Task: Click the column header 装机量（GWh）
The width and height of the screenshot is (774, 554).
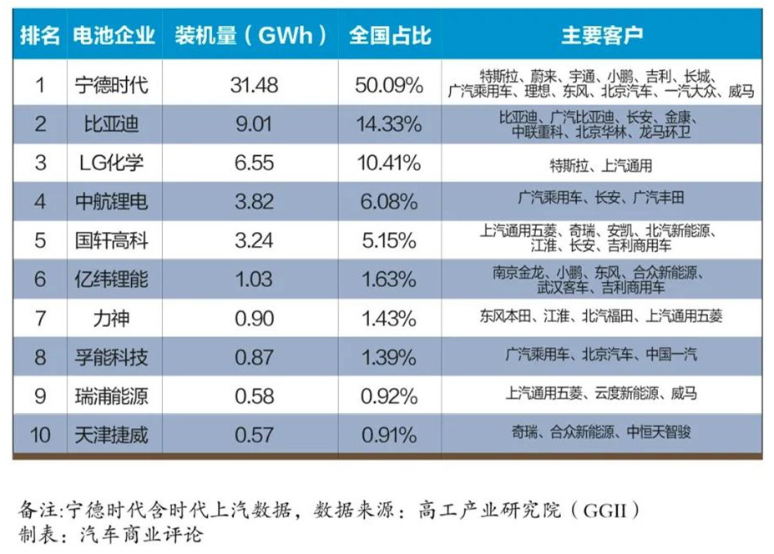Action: pyautogui.click(x=250, y=36)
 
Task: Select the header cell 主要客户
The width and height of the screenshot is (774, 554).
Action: pyautogui.click(x=601, y=36)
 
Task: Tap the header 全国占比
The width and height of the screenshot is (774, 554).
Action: pyautogui.click(x=390, y=36)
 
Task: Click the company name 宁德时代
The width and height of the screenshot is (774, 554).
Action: pyautogui.click(x=111, y=84)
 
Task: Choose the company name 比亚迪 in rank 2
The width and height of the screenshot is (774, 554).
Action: pyautogui.click(x=111, y=124)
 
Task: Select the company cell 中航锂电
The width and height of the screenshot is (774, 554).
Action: pyautogui.click(x=111, y=201)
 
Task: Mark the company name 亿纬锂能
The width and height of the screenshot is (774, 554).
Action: pyautogui.click(x=111, y=279)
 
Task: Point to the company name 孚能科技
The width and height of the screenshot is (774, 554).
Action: pyautogui.click(x=111, y=357)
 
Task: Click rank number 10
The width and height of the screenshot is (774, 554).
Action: pyautogui.click(x=39, y=434)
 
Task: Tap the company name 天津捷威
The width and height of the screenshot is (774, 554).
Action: pyautogui.click(x=111, y=434)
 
